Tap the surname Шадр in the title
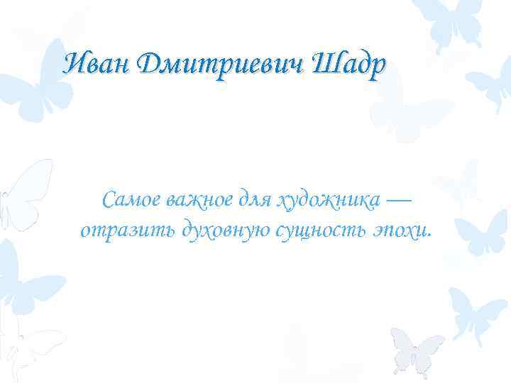(348, 65)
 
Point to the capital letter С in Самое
(108, 201)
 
